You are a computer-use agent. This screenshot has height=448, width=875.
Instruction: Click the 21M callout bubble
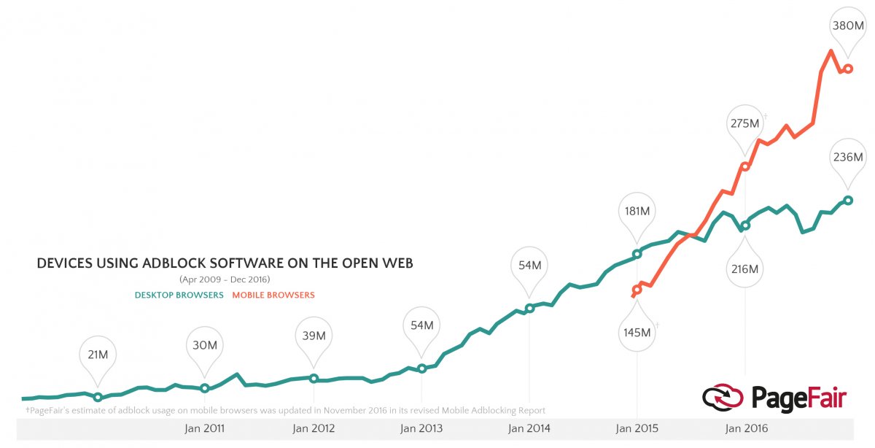click(98, 355)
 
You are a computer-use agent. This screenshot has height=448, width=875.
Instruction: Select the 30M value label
click(204, 345)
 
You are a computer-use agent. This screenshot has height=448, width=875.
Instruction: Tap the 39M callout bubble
click(314, 336)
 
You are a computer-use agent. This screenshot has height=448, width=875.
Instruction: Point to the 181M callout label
click(637, 212)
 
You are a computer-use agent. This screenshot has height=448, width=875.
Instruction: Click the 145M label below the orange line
click(637, 333)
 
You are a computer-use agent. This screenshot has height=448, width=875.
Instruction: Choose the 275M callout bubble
click(744, 123)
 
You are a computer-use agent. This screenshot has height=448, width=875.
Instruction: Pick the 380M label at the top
click(848, 26)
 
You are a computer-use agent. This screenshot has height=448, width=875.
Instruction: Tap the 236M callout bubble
click(848, 157)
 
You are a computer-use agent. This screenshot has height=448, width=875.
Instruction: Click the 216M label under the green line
click(744, 269)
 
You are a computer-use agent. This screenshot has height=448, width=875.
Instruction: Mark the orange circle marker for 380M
click(849, 69)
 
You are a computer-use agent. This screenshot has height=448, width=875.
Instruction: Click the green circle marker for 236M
click(848, 200)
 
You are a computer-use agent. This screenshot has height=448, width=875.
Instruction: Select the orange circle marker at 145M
click(637, 290)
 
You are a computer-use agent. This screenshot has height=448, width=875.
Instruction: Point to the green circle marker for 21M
click(98, 398)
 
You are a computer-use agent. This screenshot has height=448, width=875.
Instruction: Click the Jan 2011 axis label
click(206, 429)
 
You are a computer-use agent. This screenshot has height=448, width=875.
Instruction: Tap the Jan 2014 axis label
click(529, 429)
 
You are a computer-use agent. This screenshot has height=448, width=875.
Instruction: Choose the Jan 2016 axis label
click(744, 429)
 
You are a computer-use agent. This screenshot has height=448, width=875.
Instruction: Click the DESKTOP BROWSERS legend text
click(179, 296)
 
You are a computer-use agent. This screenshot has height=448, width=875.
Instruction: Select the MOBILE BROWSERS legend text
click(273, 296)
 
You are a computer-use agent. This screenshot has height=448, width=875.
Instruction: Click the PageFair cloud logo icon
click(723, 398)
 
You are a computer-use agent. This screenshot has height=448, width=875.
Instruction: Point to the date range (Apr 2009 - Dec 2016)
click(225, 279)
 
